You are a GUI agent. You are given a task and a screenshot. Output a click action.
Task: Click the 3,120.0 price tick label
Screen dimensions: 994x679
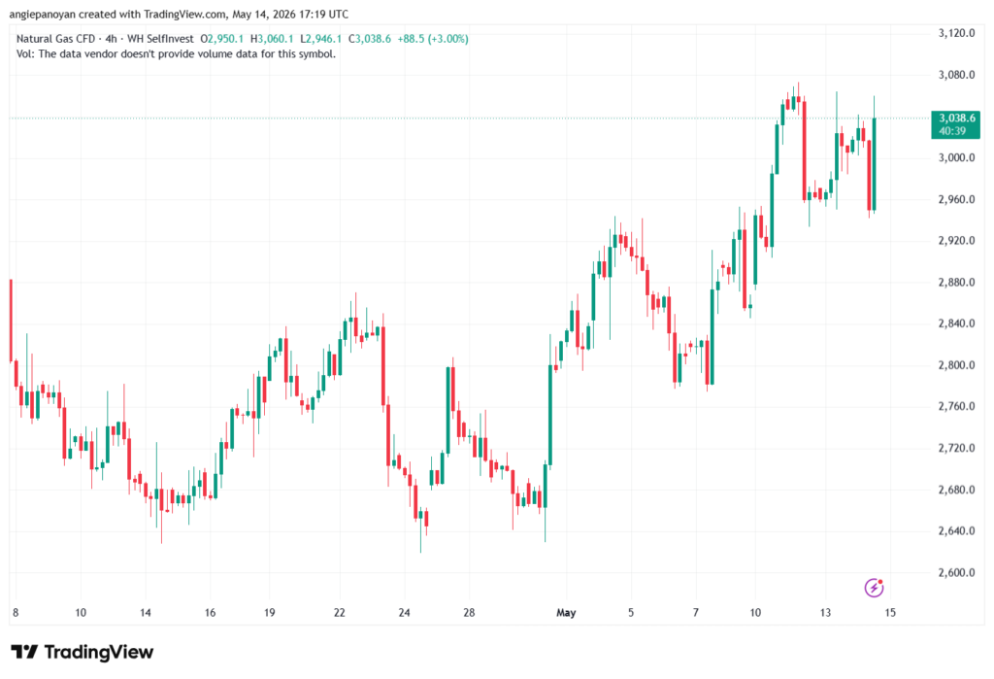[x=956, y=33]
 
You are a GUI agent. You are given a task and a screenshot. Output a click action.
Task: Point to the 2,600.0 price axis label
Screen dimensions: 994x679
[x=956, y=572]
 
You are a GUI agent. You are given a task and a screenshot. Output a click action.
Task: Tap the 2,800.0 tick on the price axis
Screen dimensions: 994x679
[x=956, y=365]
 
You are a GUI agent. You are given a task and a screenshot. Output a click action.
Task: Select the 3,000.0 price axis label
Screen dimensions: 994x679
[x=956, y=157]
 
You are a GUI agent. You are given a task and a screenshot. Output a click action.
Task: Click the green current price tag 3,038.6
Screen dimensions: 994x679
[x=955, y=124]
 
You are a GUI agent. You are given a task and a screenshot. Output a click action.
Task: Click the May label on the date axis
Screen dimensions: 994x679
[x=566, y=612]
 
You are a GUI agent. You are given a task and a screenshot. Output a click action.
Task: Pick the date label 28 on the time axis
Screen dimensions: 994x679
[x=469, y=612]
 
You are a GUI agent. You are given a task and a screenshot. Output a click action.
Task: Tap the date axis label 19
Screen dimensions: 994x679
[x=270, y=612]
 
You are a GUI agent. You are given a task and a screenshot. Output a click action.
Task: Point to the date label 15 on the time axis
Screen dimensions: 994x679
[x=890, y=612]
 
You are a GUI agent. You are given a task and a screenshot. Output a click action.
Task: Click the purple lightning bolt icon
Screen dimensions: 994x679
[x=874, y=589]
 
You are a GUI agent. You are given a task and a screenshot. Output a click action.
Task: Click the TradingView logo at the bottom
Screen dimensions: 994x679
[x=83, y=652]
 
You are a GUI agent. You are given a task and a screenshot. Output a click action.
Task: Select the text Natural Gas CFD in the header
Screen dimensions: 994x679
[x=55, y=39]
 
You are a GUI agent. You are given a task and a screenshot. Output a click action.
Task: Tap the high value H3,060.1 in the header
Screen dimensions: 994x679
[x=272, y=39]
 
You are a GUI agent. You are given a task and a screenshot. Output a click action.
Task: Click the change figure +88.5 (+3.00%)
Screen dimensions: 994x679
[x=433, y=39]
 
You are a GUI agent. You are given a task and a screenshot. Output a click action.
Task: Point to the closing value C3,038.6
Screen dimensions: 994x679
[x=370, y=39]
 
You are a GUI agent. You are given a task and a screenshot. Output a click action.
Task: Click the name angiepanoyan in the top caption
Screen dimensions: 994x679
[x=42, y=14]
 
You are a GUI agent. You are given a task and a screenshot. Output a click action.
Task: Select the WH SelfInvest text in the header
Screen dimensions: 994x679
[x=160, y=39]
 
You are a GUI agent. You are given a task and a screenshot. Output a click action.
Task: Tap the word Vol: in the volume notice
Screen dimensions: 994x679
[x=25, y=54]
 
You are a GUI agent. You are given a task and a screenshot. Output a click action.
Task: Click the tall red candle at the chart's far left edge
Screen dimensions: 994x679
[x=11, y=321]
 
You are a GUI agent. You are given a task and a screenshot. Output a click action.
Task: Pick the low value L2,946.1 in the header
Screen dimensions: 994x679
[x=320, y=39]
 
